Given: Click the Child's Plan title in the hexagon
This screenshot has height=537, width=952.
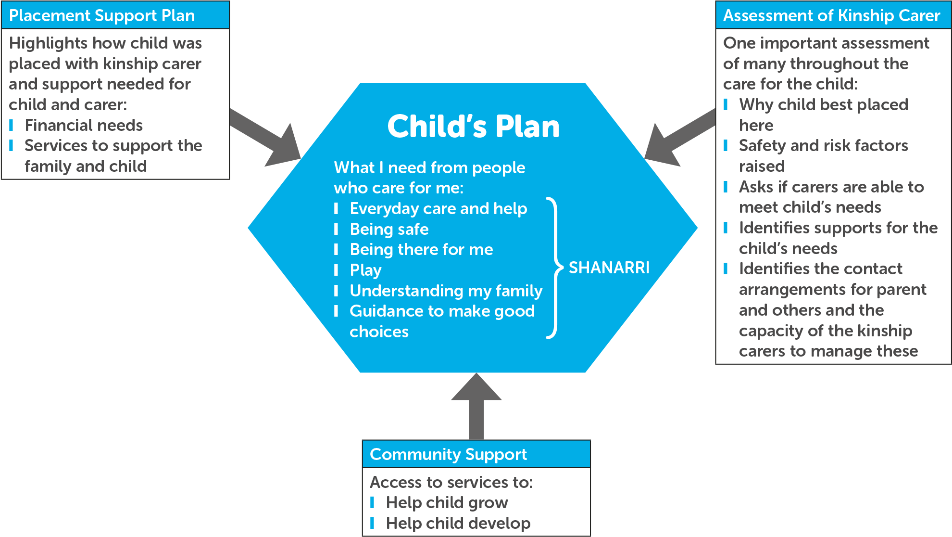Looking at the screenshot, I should pyautogui.click(x=474, y=127).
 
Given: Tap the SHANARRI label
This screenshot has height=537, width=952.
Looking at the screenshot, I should pyautogui.click(x=609, y=268).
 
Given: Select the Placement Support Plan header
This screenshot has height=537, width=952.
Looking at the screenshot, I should pyautogui.click(x=102, y=15).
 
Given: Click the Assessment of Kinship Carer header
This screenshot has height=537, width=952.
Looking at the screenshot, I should pyautogui.click(x=831, y=15).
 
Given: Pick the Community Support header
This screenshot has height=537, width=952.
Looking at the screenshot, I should pyautogui.click(x=448, y=454).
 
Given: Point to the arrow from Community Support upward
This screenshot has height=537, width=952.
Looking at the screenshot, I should pyautogui.click(x=476, y=407).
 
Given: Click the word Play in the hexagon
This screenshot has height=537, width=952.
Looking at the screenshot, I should pyautogui.click(x=365, y=270).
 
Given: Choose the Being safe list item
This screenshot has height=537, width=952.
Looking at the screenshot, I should pyautogui.click(x=389, y=229).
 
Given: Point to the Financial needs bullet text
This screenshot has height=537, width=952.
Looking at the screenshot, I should pyautogui.click(x=84, y=125).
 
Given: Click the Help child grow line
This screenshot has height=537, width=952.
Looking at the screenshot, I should pyautogui.click(x=447, y=502).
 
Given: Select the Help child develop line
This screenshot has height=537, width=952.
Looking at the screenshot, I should pyautogui.click(x=458, y=523).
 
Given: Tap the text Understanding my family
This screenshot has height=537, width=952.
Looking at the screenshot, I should pyautogui.click(x=446, y=291).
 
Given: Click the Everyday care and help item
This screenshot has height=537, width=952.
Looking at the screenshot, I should pyautogui.click(x=438, y=208).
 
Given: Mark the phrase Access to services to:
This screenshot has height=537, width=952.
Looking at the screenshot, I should pyautogui.click(x=451, y=482).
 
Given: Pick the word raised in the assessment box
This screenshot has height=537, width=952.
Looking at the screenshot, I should pyautogui.click(x=762, y=166).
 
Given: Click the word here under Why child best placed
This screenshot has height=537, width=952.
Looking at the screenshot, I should pyautogui.click(x=756, y=125).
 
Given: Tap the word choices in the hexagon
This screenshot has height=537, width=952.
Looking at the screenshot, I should pyautogui.click(x=379, y=332).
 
